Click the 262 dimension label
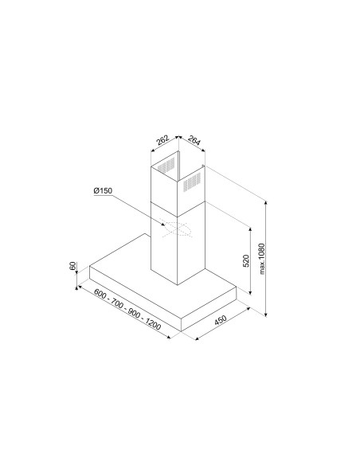[162, 140]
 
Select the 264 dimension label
[194, 140]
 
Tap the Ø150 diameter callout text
[103, 190]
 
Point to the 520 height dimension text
[246, 260]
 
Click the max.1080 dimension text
[261, 259]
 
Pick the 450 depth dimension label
[221, 320]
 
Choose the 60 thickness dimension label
[72, 266]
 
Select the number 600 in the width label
[100, 293]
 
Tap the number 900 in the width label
[134, 313]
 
